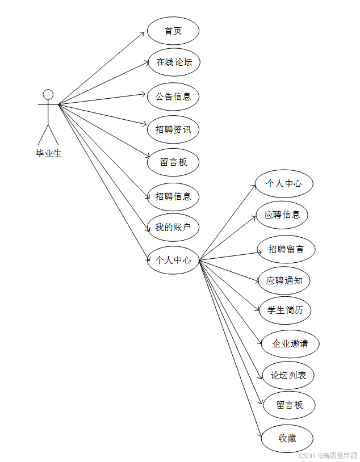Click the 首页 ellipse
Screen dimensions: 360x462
(173, 31)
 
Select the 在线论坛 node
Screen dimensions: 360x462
(173, 62)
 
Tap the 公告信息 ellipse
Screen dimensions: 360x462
(173, 96)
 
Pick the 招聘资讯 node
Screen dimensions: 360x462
(173, 130)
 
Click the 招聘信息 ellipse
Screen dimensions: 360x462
(173, 197)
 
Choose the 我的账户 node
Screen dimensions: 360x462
(173, 228)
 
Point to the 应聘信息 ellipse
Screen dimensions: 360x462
(282, 215)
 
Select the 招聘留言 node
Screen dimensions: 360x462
(286, 249)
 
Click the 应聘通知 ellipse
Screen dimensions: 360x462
(284, 280)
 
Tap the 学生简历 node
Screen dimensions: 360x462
(285, 310)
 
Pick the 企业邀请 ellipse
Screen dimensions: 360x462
(290, 344)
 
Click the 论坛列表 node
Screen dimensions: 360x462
(288, 375)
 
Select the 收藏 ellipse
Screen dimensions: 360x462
(287, 438)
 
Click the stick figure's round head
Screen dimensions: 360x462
(48, 94)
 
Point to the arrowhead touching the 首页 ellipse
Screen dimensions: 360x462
(143, 33)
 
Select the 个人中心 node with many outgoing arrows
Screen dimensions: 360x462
(173, 261)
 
